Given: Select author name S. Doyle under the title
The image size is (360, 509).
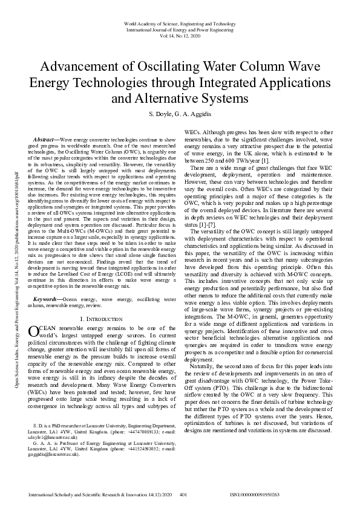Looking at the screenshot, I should (160, 114).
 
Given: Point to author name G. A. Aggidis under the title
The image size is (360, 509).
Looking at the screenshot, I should (194, 114).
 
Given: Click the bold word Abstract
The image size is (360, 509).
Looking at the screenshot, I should (47, 139).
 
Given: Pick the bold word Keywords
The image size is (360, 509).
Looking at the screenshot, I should (48, 299).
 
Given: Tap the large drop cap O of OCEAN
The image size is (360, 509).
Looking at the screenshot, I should (34, 331).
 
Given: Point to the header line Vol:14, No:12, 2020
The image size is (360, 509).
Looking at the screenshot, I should (180, 36).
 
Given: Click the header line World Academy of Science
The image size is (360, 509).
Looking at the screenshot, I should (180, 24).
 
